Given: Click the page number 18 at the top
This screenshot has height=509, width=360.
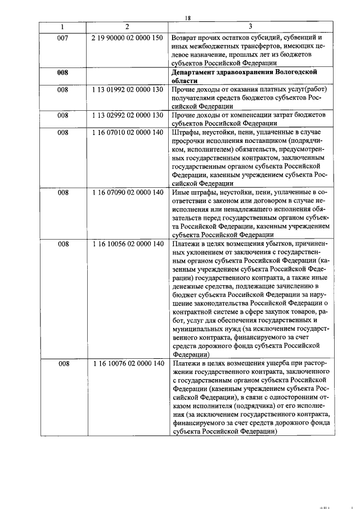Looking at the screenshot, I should pos(188,18).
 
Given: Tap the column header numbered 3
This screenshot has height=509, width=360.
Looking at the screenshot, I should pos(250,27).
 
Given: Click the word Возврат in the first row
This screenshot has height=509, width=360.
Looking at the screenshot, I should pos(187,38).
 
